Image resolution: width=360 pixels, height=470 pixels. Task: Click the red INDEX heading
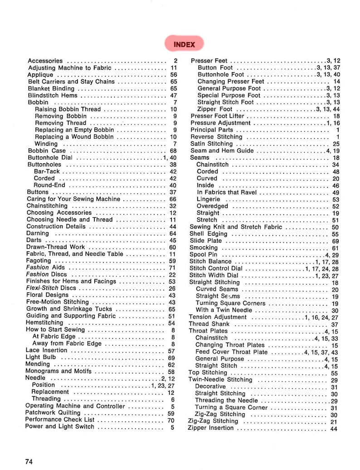coord(184,44)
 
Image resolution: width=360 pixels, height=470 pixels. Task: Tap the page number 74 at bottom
coord(29,462)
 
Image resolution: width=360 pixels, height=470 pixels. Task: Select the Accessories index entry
coord(45,61)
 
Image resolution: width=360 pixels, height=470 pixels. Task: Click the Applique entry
coord(40,74)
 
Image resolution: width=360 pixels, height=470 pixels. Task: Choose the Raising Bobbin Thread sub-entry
coord(68,109)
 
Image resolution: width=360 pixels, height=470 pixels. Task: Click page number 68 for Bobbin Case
coord(173,151)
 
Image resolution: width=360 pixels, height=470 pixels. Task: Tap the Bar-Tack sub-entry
coord(47,171)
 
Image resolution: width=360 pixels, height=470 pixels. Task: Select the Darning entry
coord(38,233)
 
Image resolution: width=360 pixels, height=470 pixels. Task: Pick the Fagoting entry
coord(39,261)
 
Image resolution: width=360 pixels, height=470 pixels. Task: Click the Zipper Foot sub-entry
coord(215,109)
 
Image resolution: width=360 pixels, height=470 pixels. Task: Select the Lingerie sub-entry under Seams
coord(209,199)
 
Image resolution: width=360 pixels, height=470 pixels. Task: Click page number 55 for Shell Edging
coord(335,234)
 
